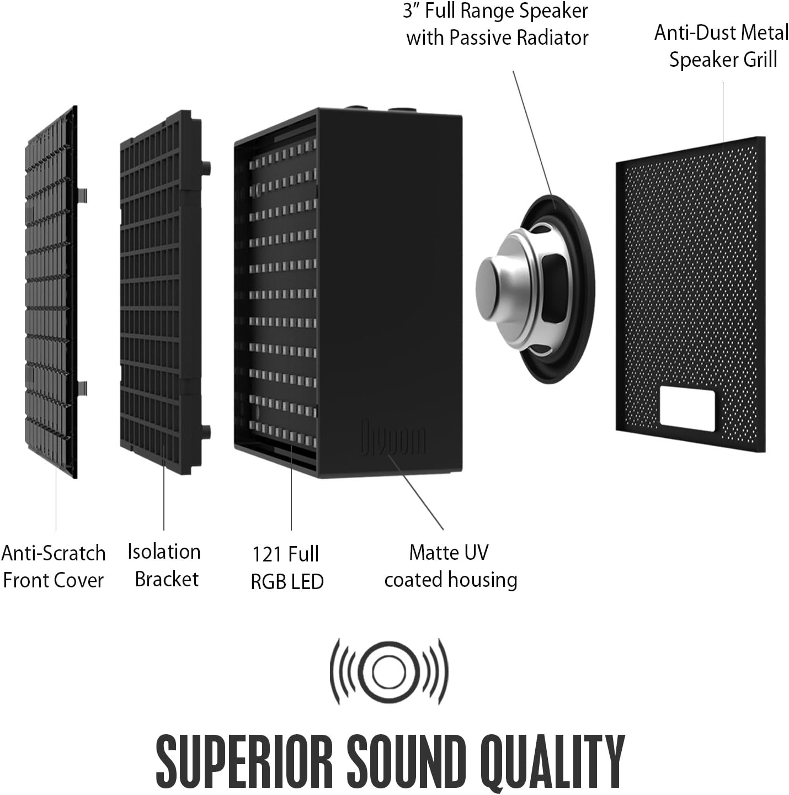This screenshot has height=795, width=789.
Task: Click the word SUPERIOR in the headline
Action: pos(244,761)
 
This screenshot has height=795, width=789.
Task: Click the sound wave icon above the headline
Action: pos(389,672)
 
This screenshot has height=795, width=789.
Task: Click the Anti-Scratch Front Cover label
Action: pos(53,566)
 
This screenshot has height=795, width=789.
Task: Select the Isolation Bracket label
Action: pos(164,565)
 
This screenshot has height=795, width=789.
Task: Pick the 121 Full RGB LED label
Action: pos(287,568)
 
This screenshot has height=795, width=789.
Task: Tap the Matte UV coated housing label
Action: pos(450,566)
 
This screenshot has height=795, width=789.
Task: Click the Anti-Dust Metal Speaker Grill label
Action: pos(722,46)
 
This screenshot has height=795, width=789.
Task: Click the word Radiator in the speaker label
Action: pos(553,38)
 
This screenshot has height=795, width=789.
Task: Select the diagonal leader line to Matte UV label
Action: pos(415,492)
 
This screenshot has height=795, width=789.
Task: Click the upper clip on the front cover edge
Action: pos(82,195)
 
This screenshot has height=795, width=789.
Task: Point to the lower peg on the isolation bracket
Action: pos(206,432)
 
